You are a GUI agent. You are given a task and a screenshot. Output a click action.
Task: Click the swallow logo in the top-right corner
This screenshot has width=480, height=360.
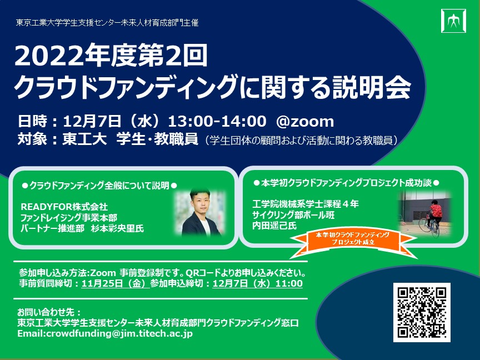tap(453, 21)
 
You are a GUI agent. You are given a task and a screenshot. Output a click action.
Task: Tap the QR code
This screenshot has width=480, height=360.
tap(422, 312)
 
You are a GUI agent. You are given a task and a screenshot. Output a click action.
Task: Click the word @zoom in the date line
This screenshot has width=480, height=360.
tap(305, 121)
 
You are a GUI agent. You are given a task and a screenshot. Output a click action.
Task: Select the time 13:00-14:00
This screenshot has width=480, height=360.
tap(217, 121)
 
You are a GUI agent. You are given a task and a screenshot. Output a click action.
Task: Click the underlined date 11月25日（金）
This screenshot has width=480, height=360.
tap(116, 283)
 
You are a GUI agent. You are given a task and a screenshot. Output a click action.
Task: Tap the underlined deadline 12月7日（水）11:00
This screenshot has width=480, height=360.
tap(257, 283)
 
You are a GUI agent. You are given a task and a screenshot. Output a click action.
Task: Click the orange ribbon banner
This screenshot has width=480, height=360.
tap(353, 242)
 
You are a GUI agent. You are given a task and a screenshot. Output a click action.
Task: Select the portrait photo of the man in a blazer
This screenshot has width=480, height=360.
tap(201, 212)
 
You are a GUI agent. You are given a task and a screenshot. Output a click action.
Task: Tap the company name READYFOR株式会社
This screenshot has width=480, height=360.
tap(64, 207)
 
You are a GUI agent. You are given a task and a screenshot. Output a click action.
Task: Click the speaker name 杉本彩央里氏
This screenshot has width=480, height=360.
tap(118, 228)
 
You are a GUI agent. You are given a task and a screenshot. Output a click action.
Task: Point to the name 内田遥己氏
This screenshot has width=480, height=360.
tap(274, 226)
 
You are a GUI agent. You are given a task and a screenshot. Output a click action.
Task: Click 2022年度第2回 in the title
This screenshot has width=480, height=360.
tap(111, 56)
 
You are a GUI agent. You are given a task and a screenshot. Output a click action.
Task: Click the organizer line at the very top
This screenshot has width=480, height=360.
tap(107, 23)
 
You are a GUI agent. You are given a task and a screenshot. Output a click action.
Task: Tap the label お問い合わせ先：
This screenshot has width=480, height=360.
tap(49, 312)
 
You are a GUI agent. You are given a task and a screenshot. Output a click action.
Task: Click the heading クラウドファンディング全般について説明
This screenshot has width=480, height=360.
tap(99, 186)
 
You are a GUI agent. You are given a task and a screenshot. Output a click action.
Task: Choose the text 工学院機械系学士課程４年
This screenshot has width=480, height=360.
tap(306, 204)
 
